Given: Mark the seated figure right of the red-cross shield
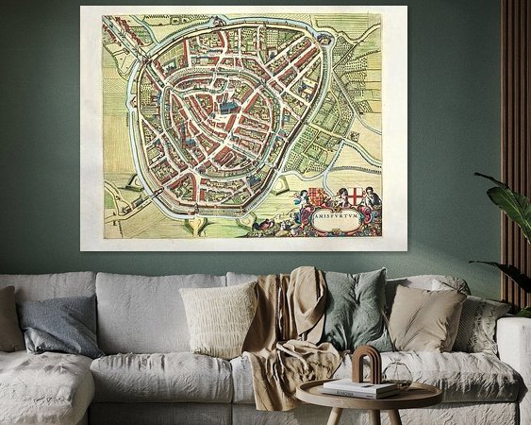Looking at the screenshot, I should [x=373, y=198].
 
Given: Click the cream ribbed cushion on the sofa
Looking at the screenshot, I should [x=218, y=318].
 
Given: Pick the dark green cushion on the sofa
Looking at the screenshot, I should [x=355, y=310].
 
